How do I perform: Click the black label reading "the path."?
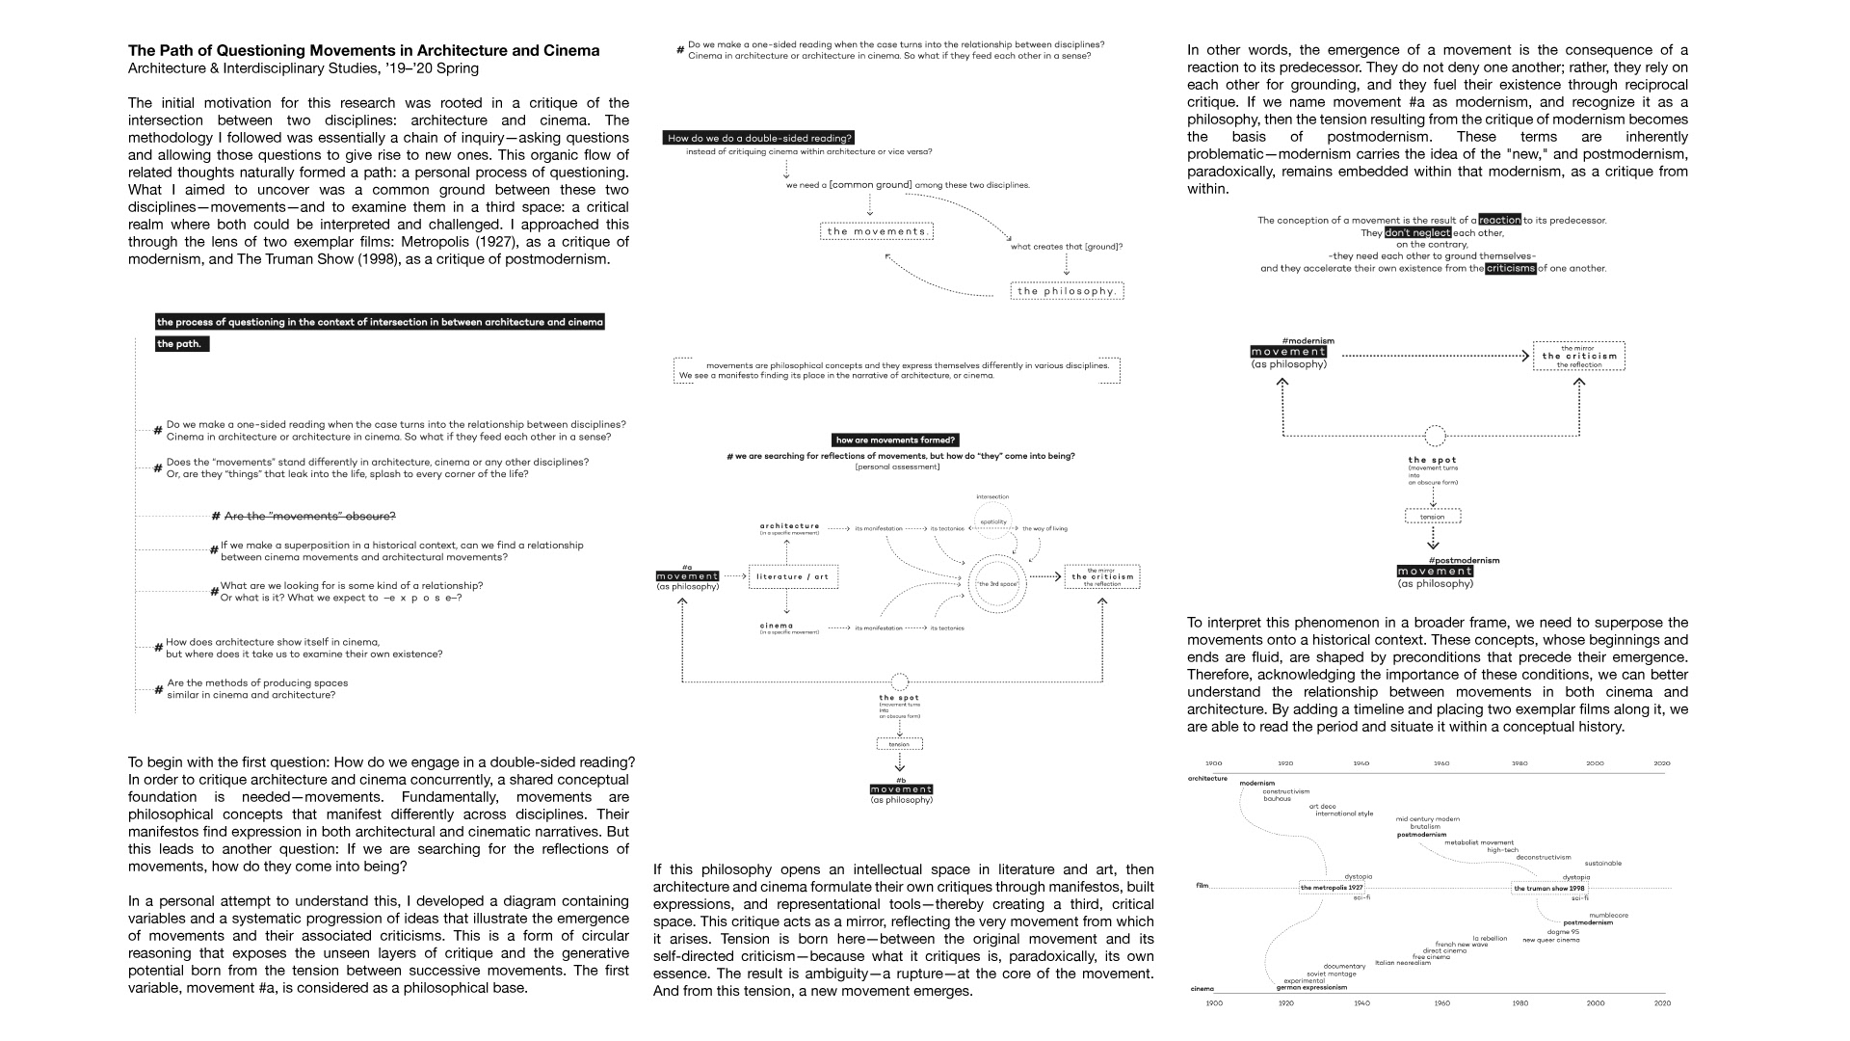(181, 344)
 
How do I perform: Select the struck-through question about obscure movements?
(309, 516)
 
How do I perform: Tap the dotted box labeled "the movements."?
(877, 231)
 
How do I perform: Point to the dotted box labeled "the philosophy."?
(1067, 291)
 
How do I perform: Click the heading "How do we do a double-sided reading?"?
(760, 138)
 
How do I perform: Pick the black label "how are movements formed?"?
(896, 440)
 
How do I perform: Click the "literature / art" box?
(792, 576)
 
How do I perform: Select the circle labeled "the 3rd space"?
(997, 583)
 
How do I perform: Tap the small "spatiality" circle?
(993, 521)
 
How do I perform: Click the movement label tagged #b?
(901, 789)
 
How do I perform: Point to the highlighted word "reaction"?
(1499, 220)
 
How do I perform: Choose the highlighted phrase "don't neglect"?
(1417, 232)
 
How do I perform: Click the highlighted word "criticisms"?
(1510, 268)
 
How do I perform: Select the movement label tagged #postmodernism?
(1435, 572)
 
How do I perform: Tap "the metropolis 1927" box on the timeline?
(1332, 888)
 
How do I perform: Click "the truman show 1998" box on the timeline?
(1548, 888)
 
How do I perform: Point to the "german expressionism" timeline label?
(1311, 988)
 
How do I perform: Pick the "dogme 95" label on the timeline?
(1563, 932)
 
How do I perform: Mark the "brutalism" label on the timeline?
(1425, 826)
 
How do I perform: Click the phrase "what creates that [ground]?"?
(1066, 247)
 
